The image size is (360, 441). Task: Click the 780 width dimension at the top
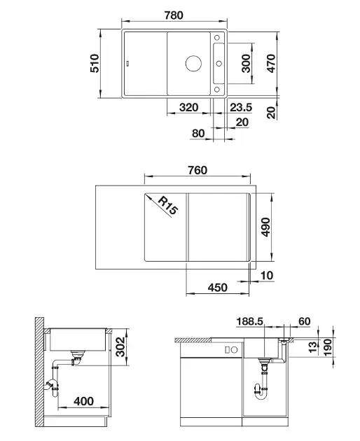174,15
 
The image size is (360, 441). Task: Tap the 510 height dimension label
95,63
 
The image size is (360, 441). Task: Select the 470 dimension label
271,63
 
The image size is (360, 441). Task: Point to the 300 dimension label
246,63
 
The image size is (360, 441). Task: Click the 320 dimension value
188,107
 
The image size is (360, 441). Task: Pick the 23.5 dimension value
241,107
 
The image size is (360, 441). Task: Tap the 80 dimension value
198,133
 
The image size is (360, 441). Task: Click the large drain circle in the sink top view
193,63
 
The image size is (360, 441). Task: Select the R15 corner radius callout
168,206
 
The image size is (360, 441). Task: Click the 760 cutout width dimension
198,170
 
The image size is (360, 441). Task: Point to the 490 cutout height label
265,227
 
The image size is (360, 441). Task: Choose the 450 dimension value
218,288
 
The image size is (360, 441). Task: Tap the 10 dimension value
267,275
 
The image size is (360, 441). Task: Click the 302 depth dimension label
120,346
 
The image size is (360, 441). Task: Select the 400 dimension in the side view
83,401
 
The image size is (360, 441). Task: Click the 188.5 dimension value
250,321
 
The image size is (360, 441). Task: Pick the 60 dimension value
304,321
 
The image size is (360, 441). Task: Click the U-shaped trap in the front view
261,391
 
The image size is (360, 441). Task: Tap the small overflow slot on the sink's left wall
128,63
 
